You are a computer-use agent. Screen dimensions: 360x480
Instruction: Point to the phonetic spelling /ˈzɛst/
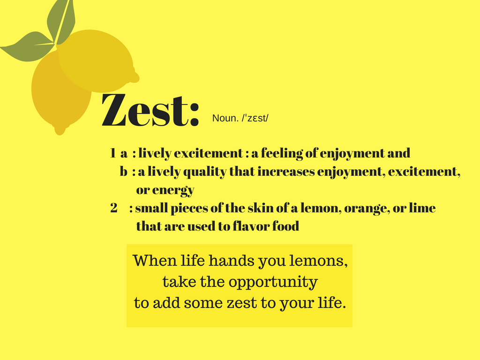pyautogui.click(x=255, y=118)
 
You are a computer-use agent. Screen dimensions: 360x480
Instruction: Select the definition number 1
pyautogui.click(x=112, y=153)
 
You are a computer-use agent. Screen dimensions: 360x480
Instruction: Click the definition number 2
pyautogui.click(x=114, y=208)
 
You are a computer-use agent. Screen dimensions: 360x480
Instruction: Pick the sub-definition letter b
pyautogui.click(x=123, y=172)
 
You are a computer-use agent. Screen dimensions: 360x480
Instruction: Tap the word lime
pyautogui.click(x=422, y=208)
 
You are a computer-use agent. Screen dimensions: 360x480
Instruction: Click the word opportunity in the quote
pyautogui.click(x=273, y=282)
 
